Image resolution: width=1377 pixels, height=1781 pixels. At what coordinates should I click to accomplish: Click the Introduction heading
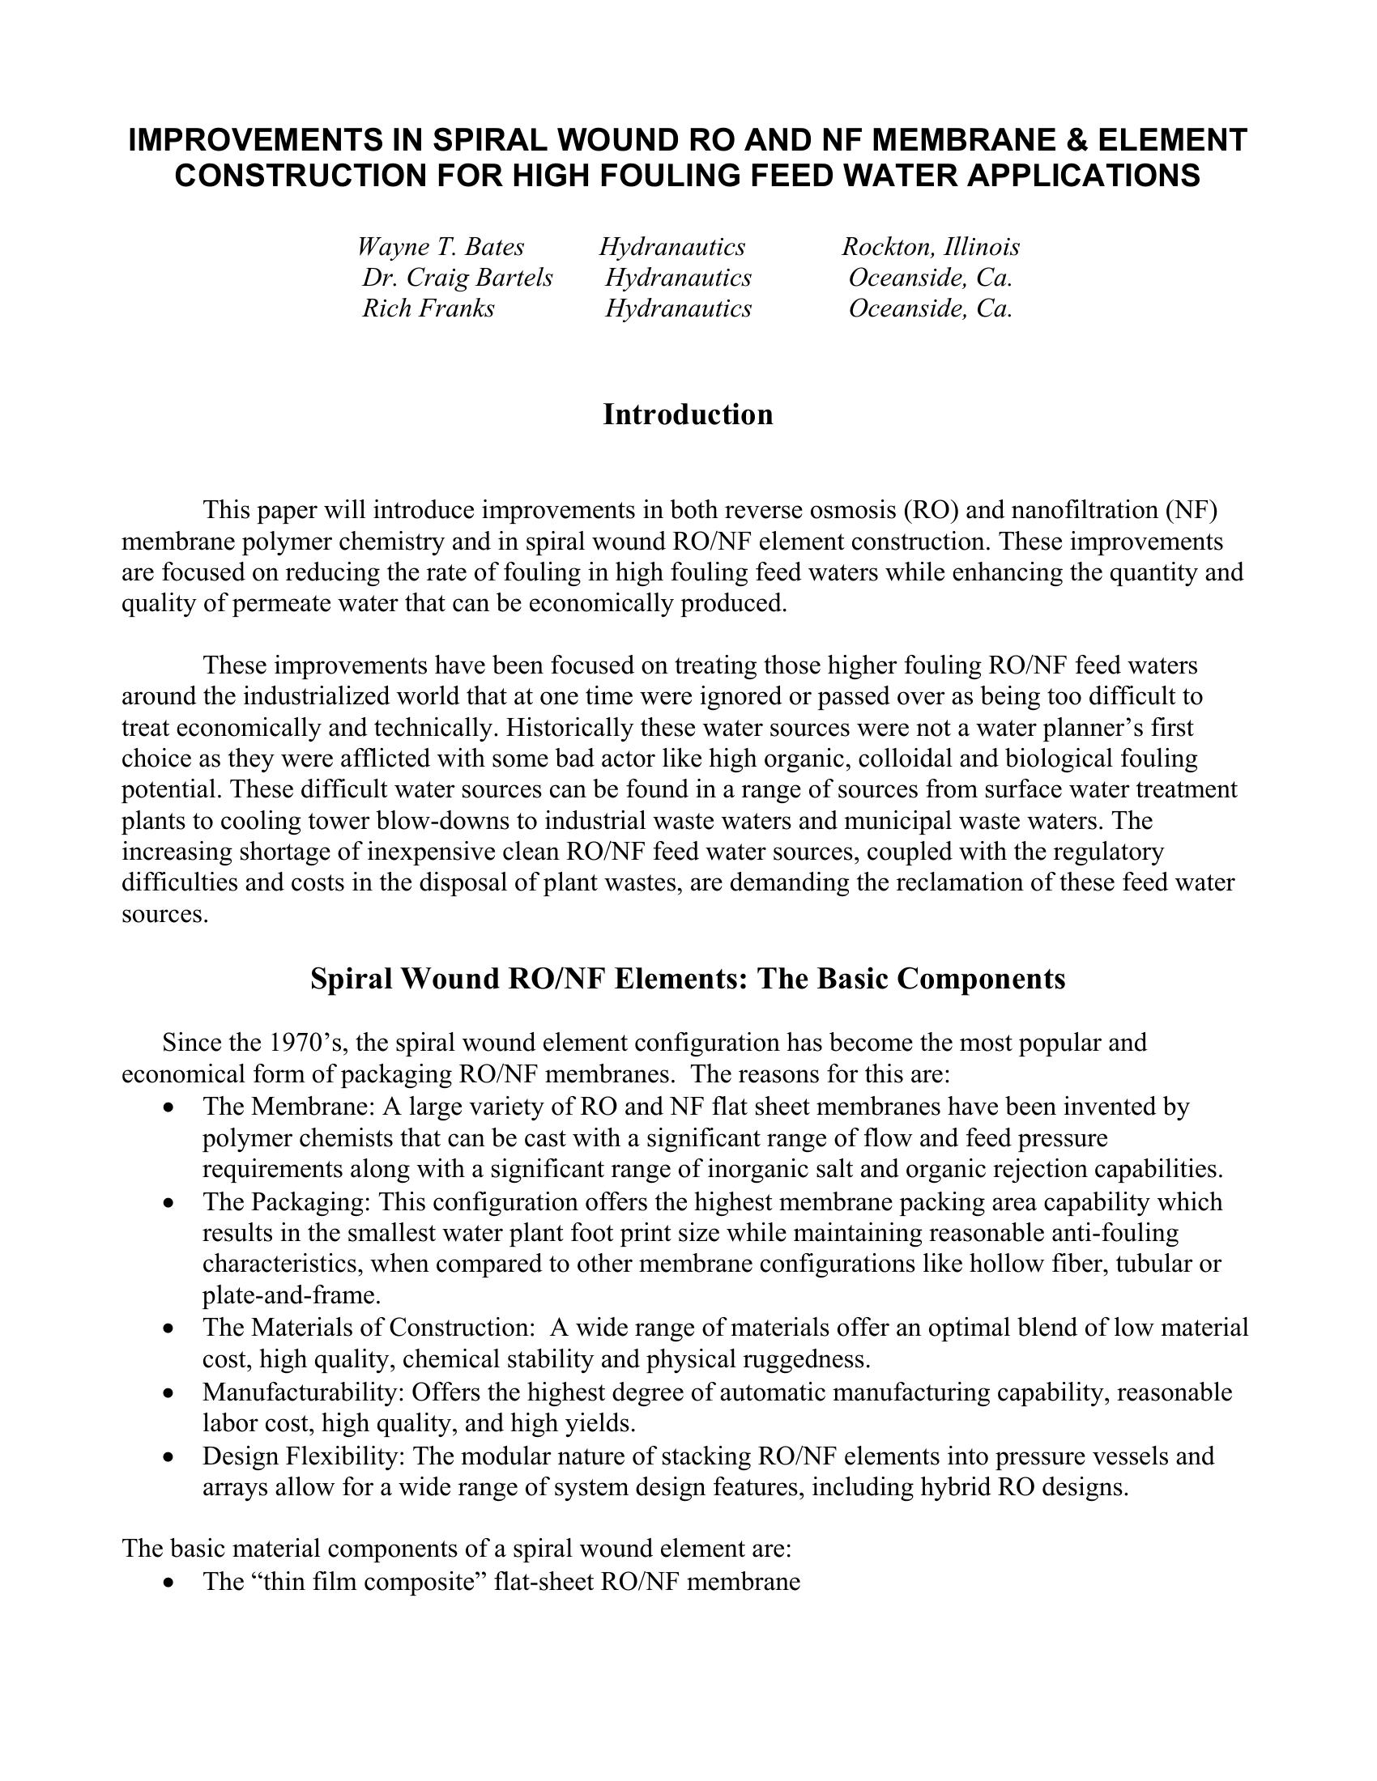[688, 415]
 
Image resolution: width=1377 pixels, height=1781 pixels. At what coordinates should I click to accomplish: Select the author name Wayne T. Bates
[441, 247]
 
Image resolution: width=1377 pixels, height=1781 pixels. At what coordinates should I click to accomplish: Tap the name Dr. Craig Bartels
[457, 278]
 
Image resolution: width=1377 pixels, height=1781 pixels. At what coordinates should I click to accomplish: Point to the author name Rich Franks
[428, 308]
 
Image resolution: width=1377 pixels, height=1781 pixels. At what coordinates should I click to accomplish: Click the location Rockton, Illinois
[931, 247]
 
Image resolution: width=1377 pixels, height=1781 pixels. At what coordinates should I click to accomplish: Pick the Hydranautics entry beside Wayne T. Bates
[672, 247]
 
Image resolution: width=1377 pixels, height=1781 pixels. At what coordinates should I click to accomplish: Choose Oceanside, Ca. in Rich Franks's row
[930, 308]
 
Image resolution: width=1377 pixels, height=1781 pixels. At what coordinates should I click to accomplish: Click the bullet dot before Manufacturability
[168, 1393]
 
